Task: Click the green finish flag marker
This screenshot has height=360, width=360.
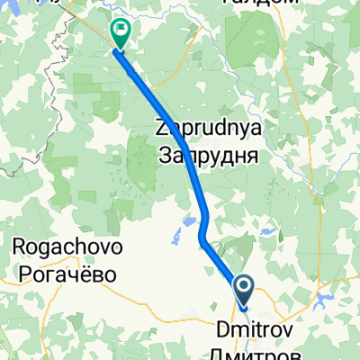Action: [x=120, y=32]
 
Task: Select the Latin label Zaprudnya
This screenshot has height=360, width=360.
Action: [x=209, y=130]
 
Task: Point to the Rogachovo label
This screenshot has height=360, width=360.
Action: [x=68, y=246]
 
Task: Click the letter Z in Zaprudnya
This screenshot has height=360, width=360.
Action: [x=163, y=130]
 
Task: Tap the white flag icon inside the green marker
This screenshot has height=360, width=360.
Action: [x=120, y=30]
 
